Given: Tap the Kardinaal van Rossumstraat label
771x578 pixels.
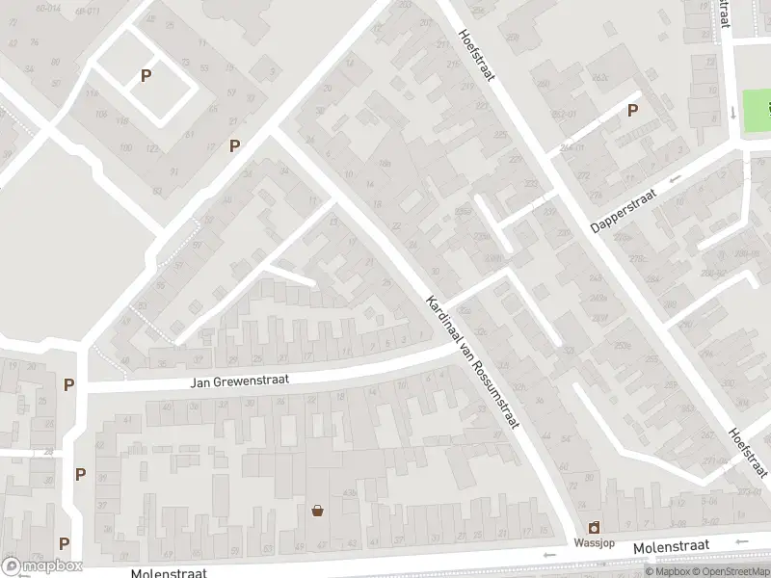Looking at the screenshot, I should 471,364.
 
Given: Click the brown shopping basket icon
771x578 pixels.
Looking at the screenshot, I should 317,510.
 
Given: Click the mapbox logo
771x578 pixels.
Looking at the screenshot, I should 41,566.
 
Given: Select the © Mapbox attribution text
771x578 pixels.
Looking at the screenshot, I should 666,571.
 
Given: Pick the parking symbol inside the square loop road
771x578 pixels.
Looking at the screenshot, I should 146,75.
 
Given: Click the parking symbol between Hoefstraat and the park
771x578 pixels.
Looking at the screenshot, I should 632,110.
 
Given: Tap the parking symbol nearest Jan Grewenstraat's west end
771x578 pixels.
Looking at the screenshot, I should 68,384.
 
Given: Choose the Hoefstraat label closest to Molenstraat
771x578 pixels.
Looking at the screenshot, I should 748,451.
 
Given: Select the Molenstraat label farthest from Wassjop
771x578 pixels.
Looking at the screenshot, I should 169,572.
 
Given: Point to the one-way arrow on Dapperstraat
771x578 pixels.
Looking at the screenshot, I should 676,179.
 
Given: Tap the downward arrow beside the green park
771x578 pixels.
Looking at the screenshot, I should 732,113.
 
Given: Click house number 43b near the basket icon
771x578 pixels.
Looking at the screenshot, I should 349,492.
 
